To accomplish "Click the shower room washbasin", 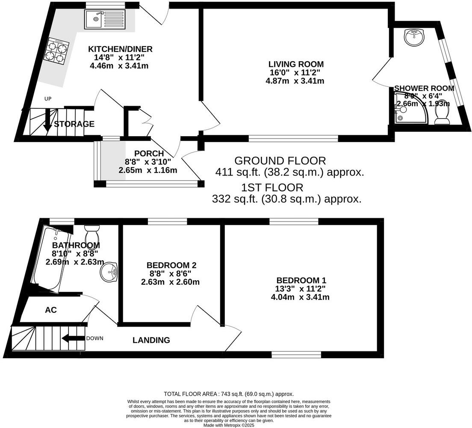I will coord(414,38).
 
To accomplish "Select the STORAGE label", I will coord(74,125).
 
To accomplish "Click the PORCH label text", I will coord(149,154).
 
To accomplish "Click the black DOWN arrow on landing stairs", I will coord(73,339).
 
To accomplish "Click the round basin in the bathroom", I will coord(109,272).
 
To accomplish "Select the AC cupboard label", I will coord(51,310).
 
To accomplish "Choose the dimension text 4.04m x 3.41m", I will coord(300,297).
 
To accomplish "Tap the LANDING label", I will coord(151,341).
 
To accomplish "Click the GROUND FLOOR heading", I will coord(280,161).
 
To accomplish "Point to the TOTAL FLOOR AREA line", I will coord(229,394).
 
